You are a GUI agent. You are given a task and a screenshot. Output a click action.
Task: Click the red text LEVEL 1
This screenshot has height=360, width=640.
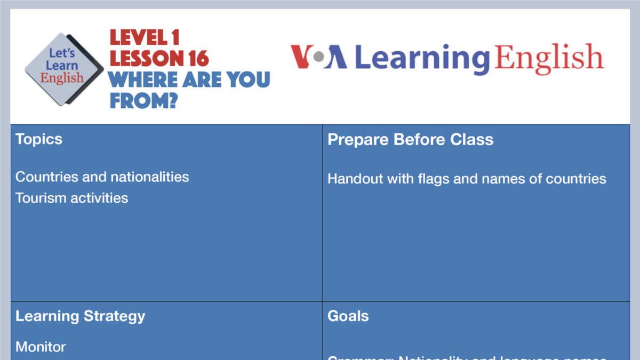(x=145, y=37)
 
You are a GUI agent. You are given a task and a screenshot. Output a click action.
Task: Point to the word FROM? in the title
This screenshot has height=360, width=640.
(x=143, y=100)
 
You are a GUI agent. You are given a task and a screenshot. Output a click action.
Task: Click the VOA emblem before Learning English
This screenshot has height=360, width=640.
(x=319, y=58)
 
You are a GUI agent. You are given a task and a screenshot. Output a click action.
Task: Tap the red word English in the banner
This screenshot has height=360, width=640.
(x=549, y=58)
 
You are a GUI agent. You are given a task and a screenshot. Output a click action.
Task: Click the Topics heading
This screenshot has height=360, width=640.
(x=39, y=139)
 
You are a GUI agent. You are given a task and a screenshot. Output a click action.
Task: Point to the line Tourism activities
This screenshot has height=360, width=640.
(x=72, y=198)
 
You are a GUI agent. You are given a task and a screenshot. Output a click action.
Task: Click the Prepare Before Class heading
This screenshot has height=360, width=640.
(x=410, y=139)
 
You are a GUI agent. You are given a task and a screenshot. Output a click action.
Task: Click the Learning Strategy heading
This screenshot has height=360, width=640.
(x=80, y=316)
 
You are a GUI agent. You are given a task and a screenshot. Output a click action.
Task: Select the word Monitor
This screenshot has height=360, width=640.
(x=41, y=347)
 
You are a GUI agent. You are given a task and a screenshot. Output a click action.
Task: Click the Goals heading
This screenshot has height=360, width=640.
(x=348, y=316)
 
